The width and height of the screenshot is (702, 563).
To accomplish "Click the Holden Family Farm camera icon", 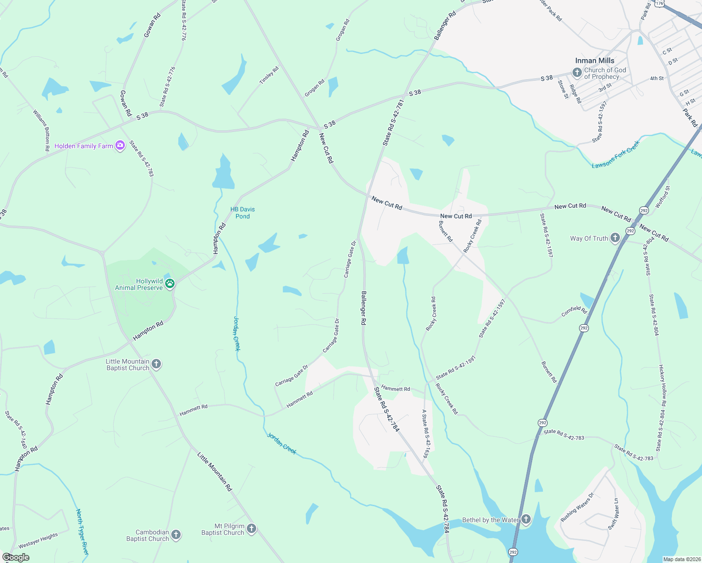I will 120,146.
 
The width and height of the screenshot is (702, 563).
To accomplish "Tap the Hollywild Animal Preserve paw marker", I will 170,283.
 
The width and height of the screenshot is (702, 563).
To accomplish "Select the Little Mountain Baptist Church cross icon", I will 156,364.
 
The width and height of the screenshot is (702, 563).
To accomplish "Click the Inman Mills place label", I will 595,61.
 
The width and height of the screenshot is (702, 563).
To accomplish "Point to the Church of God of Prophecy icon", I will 577,72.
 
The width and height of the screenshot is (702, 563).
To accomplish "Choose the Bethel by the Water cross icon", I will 526,519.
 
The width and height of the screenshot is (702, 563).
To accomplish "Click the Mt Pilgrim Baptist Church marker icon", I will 252,529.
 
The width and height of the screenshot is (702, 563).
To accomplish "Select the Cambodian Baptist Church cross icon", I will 175,535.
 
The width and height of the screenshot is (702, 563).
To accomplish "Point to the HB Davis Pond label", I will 243,213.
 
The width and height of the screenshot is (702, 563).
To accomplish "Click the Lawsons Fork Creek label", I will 616,155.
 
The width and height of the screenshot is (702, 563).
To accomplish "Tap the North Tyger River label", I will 82,532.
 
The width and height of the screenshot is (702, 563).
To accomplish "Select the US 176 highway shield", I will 660,3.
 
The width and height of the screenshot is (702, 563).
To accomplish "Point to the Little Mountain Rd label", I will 214,472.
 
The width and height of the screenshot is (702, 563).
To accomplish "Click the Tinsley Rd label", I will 269,76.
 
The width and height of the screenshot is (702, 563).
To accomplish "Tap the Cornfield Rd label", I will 574,311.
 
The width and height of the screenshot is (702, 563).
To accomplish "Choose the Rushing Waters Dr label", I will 577,507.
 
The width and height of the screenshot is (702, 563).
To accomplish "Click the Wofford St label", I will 663,197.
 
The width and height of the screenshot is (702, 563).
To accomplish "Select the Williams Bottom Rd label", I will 41,130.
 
